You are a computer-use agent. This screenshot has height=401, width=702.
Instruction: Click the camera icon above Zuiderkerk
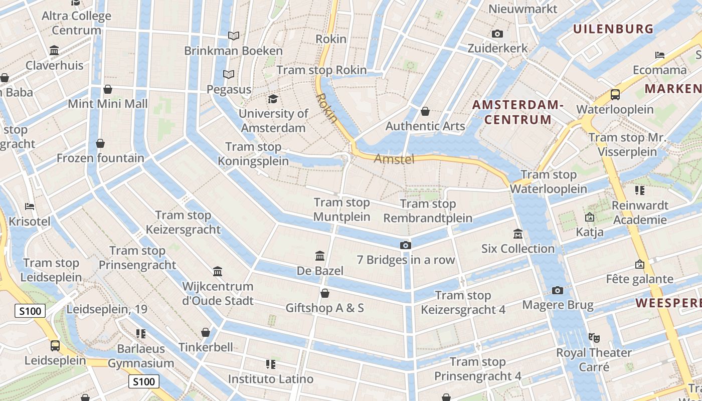497,34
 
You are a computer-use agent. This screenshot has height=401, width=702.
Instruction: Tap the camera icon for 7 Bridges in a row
405,245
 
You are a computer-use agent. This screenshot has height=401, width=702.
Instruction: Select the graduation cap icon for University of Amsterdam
273,99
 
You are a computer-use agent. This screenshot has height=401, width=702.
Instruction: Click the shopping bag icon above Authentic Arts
425,111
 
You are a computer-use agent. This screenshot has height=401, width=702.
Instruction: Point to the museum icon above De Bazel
320,256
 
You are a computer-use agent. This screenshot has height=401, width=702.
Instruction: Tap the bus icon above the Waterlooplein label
615,94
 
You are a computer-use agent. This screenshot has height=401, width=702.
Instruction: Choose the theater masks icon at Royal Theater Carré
594,337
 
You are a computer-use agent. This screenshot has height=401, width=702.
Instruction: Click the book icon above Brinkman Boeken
233,36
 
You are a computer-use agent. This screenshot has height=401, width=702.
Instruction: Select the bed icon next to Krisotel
30,206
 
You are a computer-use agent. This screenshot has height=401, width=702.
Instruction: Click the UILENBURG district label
613,29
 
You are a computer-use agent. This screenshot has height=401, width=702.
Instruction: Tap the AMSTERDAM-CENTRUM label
518,112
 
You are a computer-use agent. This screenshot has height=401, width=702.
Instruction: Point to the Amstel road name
394,159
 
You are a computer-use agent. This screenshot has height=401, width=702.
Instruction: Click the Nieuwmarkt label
522,9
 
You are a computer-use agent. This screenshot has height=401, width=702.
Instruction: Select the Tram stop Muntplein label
341,210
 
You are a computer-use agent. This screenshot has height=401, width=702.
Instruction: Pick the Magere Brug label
558,305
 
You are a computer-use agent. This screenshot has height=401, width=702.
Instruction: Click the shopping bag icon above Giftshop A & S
325,293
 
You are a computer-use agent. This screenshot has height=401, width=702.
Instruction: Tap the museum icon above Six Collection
518,234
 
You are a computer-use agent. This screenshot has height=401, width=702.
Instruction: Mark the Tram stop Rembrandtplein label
428,211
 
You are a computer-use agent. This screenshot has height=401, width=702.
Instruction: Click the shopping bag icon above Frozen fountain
100,143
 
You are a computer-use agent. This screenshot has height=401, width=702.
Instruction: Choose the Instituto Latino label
271,379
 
